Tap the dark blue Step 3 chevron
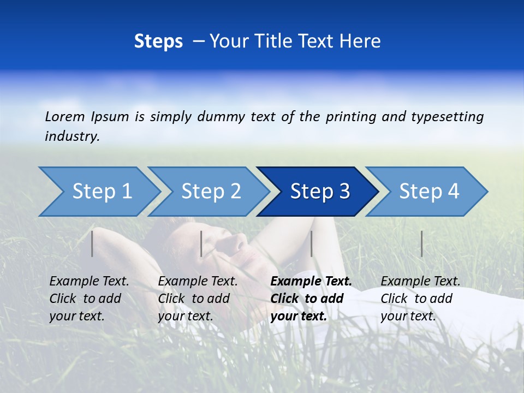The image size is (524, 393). pos(320,191)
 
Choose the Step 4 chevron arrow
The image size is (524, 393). pos(429,191)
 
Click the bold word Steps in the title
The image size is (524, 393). pos(158,41)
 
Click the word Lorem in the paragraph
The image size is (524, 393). pos(65,116)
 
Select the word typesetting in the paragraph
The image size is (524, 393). pos(447,116)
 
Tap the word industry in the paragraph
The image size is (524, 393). pos(72,136)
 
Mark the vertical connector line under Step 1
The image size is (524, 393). pos(92,243)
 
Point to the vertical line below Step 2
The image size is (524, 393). pos(201,243)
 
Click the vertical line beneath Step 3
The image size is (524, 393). pos(311,243)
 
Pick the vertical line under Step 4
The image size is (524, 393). pos(421,243)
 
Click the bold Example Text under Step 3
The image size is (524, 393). pos(311,282)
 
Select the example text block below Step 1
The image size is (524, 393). pos(89,299)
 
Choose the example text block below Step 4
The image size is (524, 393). pos(420,299)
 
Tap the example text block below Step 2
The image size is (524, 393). pos(198,299)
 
